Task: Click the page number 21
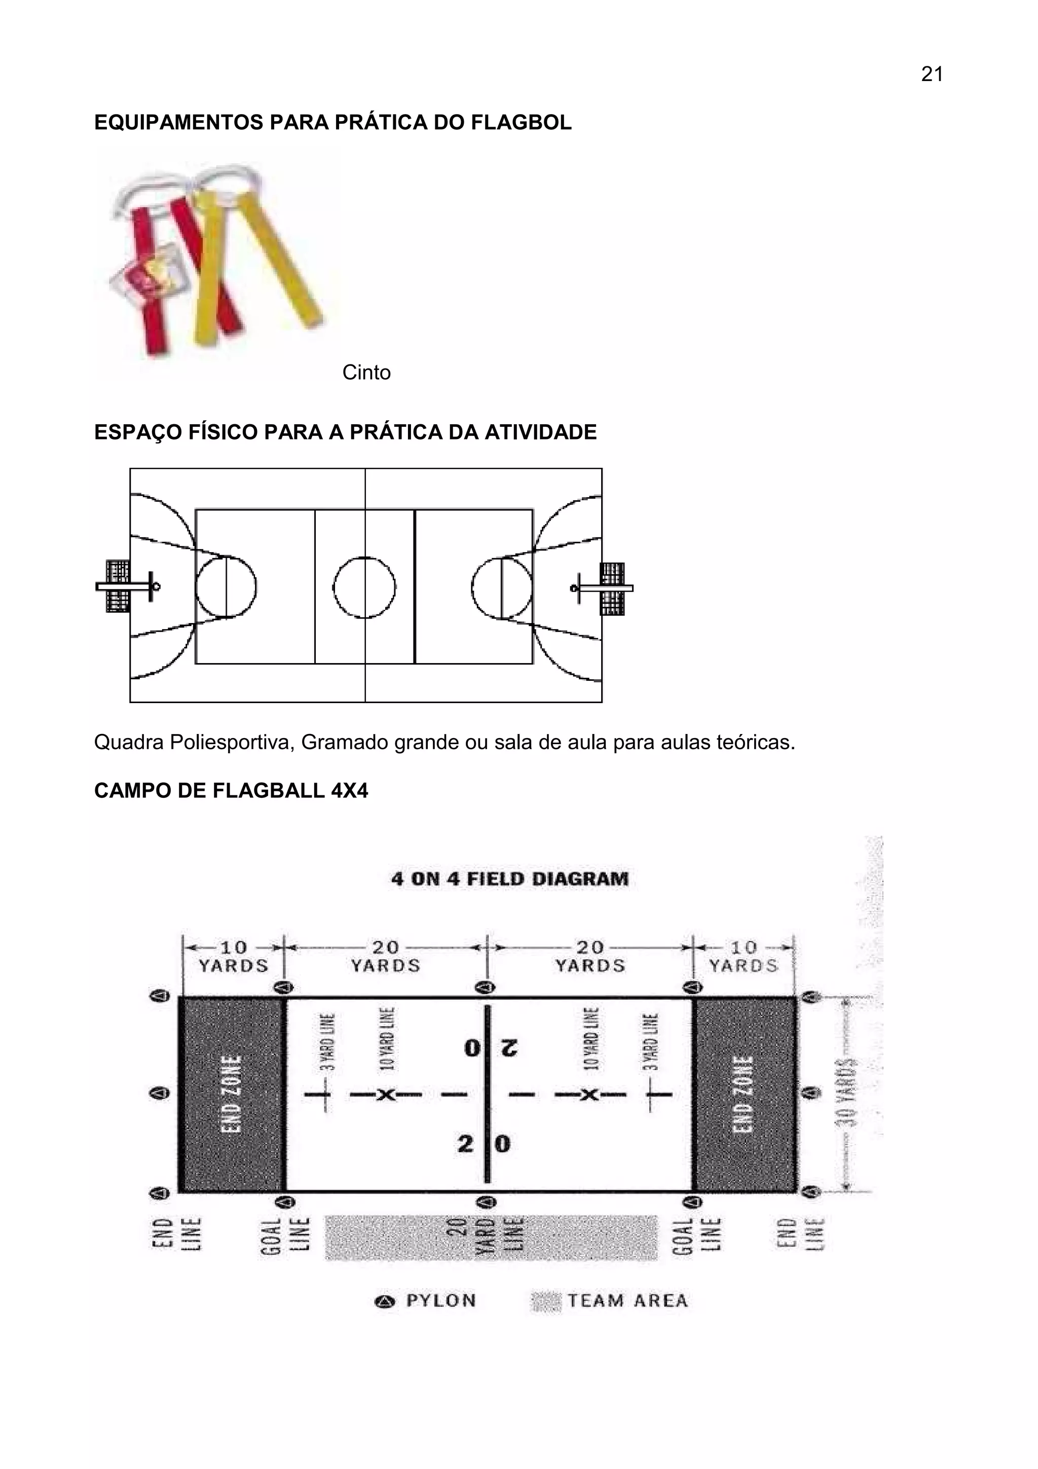(932, 75)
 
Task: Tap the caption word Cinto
(366, 373)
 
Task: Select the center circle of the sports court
(364, 587)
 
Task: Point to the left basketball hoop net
(117, 586)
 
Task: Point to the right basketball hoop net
(613, 588)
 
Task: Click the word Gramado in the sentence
(345, 742)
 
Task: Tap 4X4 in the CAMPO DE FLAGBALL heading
(349, 791)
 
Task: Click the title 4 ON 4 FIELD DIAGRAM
(510, 878)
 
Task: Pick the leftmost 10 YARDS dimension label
(234, 957)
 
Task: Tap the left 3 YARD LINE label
(327, 1042)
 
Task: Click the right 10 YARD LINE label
(591, 1039)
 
